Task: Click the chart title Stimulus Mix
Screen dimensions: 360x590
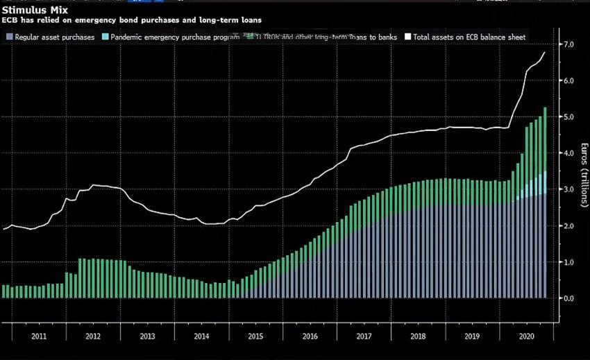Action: tap(31, 10)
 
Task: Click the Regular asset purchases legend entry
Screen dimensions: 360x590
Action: tap(53, 37)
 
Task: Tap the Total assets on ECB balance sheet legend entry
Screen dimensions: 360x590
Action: tap(472, 37)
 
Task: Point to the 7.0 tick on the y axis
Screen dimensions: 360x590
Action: tap(568, 44)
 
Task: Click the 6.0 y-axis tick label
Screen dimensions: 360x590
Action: tap(568, 80)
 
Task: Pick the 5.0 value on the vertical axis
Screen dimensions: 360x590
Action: tap(568, 117)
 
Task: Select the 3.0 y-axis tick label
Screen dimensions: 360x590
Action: tap(568, 189)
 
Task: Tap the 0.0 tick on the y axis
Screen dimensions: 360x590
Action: tap(568, 298)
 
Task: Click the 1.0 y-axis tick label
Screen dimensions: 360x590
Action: tap(568, 262)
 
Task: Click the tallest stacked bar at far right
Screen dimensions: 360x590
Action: tap(545, 201)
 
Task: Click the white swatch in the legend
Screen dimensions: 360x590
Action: tap(409, 37)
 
